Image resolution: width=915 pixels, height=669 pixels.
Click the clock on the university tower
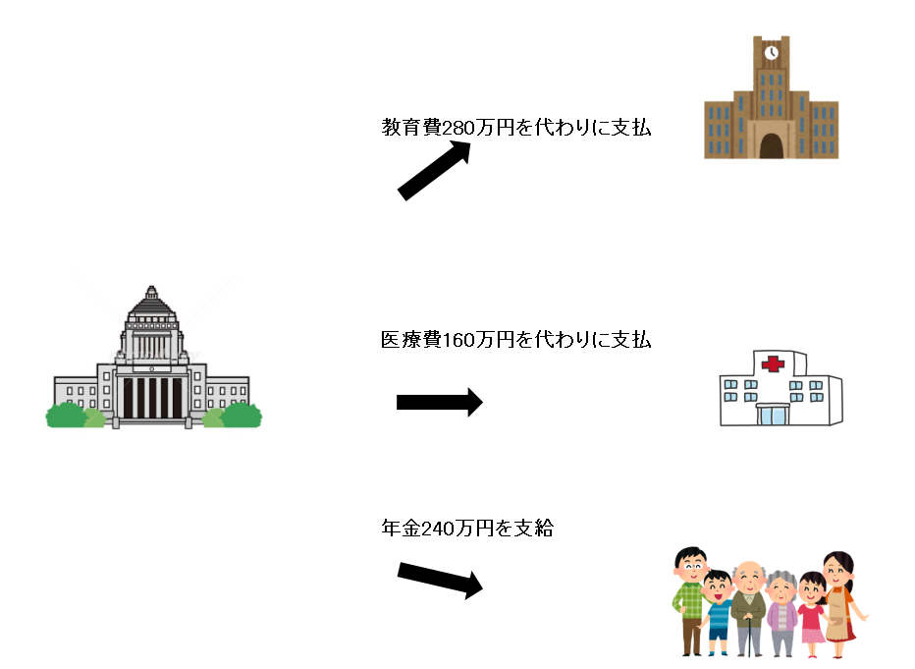coord(772,52)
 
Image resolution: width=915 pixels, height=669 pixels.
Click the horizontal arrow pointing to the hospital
coord(439,402)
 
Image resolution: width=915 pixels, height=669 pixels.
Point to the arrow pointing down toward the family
coord(440,579)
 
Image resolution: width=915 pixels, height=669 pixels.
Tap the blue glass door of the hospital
coord(772,416)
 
